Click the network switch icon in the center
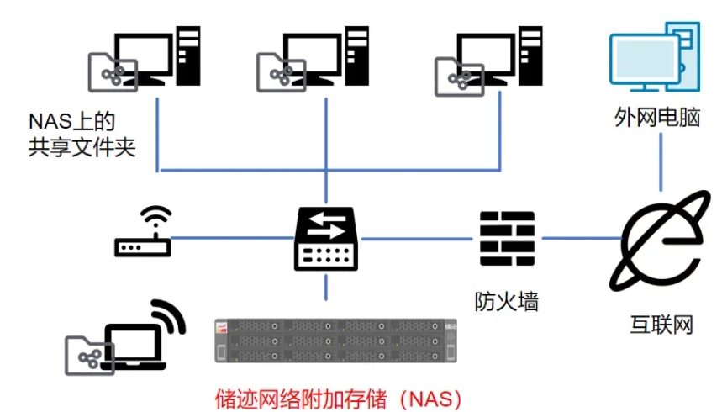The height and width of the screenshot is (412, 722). coord(327,240)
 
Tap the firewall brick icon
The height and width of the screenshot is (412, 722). coord(507,239)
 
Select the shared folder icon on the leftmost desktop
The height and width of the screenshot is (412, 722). coord(112,72)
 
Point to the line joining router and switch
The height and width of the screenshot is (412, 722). coord(231,239)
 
